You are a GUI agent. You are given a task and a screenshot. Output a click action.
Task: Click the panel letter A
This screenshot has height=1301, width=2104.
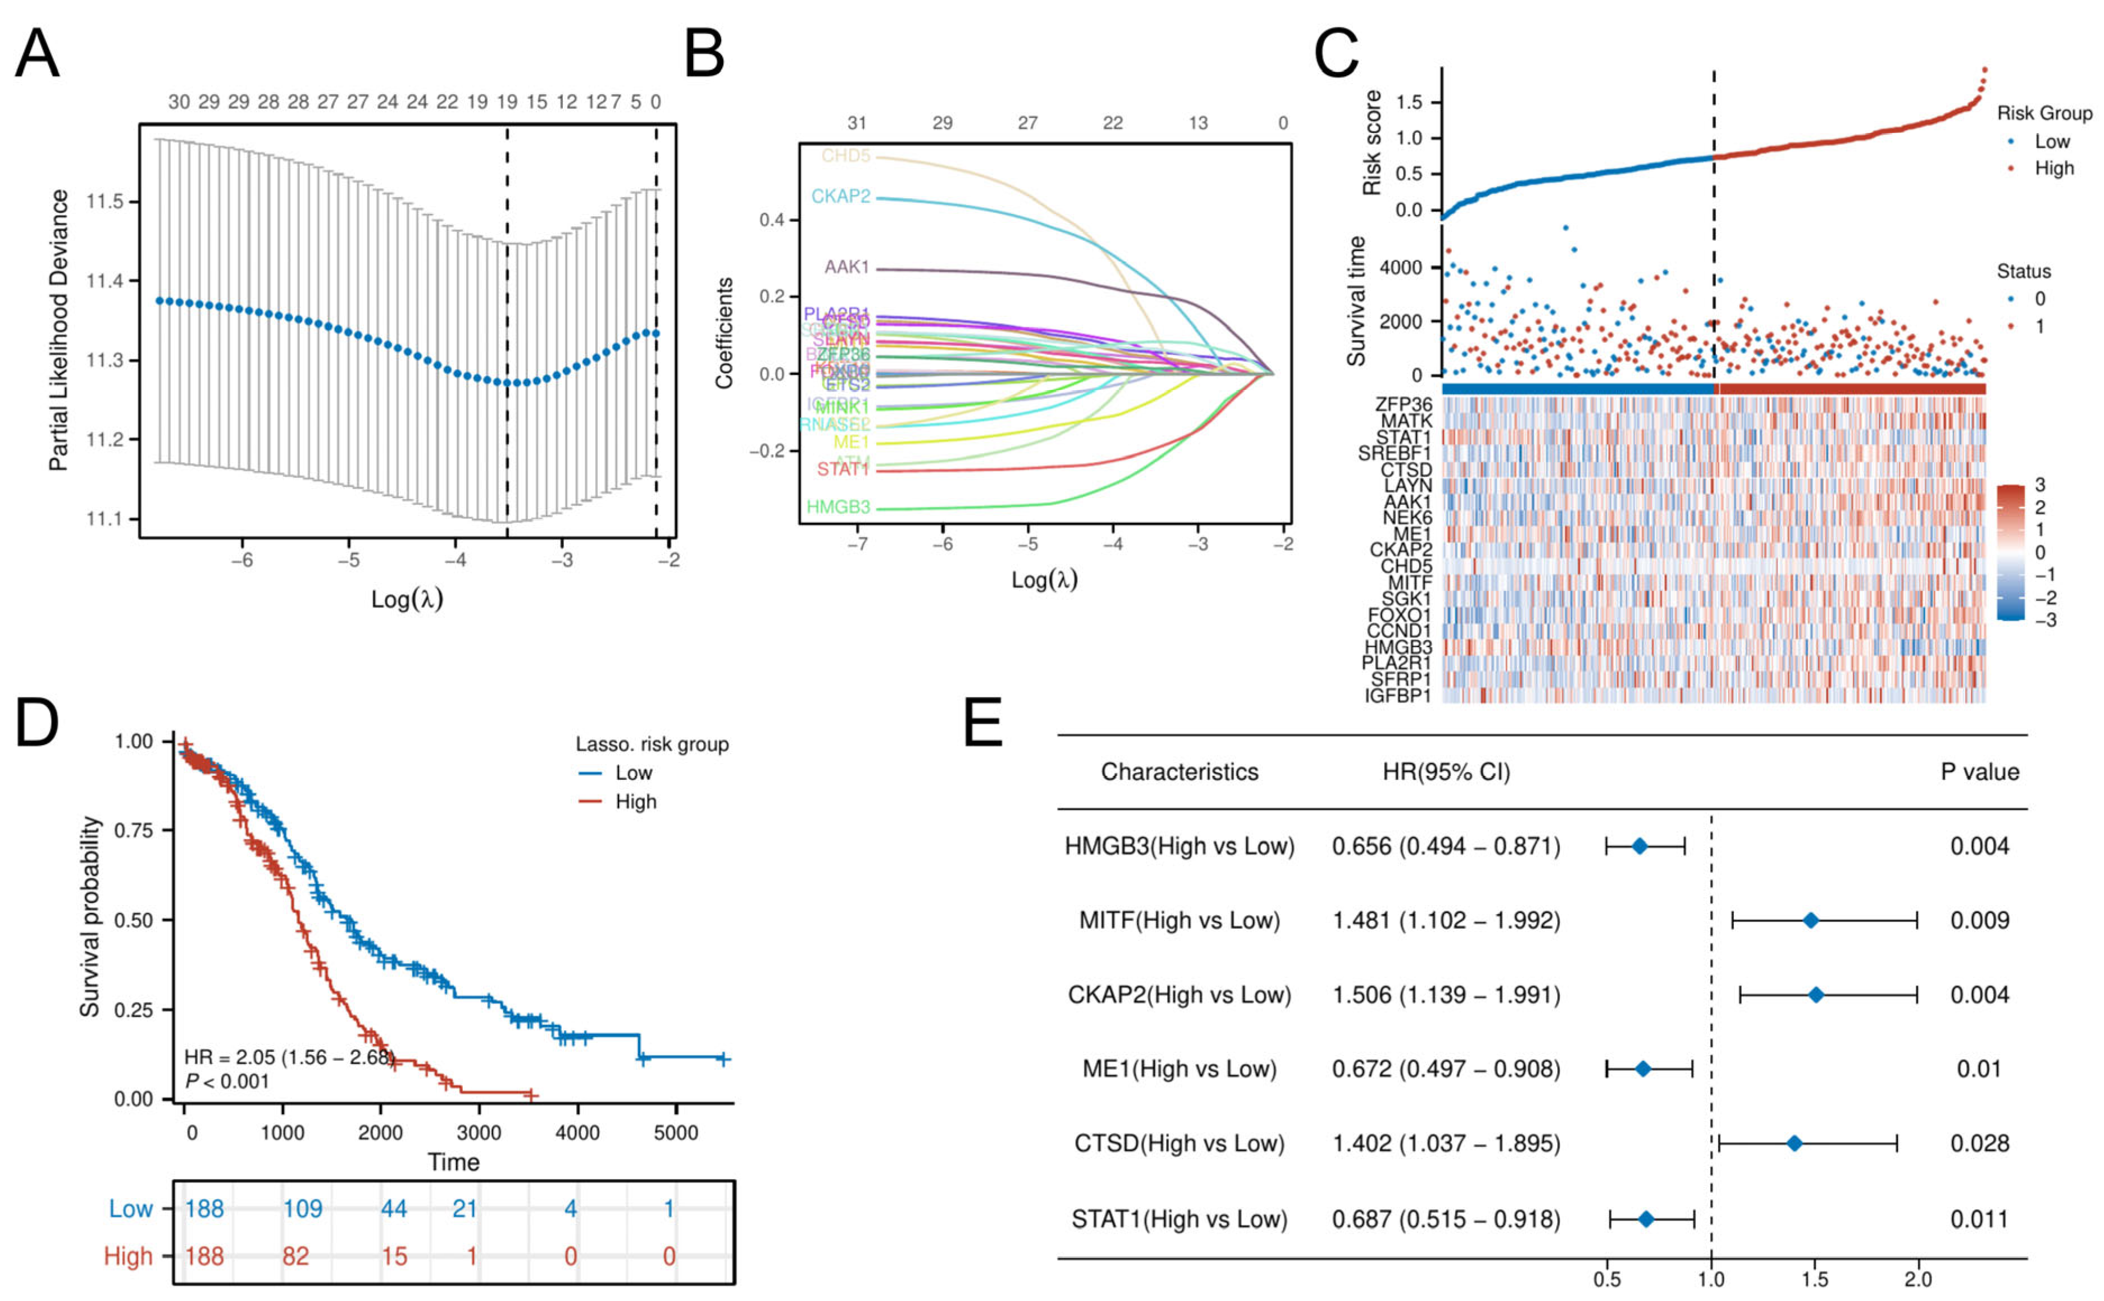click(38, 53)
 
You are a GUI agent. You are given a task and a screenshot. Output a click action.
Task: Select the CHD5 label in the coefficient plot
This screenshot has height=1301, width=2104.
click(845, 156)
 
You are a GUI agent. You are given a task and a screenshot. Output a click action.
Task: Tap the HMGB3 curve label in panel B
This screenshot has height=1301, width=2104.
click(837, 508)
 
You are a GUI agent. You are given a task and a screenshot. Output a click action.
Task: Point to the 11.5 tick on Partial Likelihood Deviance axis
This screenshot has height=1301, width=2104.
click(105, 202)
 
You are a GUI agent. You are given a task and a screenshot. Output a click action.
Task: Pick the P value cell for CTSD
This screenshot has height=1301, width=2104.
click(1979, 1144)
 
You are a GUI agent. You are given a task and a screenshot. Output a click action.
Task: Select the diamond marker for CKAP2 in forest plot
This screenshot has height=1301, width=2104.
click(1816, 994)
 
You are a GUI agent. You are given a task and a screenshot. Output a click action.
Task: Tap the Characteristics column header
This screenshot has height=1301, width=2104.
click(1179, 772)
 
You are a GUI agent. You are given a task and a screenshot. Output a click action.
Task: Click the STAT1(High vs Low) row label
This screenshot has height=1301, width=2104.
click(1179, 1218)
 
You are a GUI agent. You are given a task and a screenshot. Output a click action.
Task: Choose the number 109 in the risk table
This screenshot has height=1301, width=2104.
click(303, 1208)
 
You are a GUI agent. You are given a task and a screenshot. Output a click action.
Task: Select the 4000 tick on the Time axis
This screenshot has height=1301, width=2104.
click(577, 1133)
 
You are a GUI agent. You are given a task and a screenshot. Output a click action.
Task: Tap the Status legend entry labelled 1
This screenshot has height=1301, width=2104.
click(2039, 326)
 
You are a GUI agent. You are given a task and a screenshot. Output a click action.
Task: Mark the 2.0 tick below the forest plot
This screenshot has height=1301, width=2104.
click(1918, 1280)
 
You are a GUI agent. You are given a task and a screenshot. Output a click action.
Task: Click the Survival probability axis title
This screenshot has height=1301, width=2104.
click(89, 916)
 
